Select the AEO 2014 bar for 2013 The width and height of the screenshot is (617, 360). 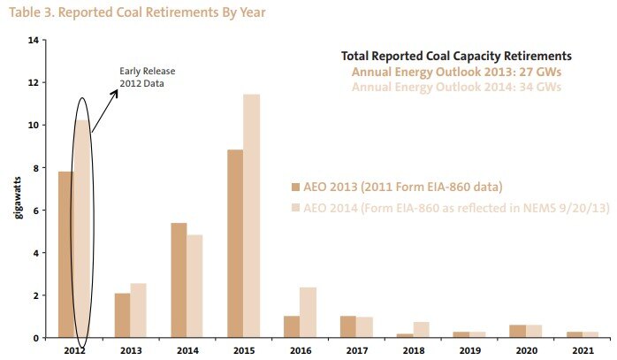[x=138, y=310]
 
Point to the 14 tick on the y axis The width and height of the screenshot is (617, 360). [x=33, y=41]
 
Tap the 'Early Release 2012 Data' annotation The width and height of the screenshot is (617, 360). [x=143, y=78]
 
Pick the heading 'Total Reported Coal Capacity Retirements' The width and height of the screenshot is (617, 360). [x=456, y=55]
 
